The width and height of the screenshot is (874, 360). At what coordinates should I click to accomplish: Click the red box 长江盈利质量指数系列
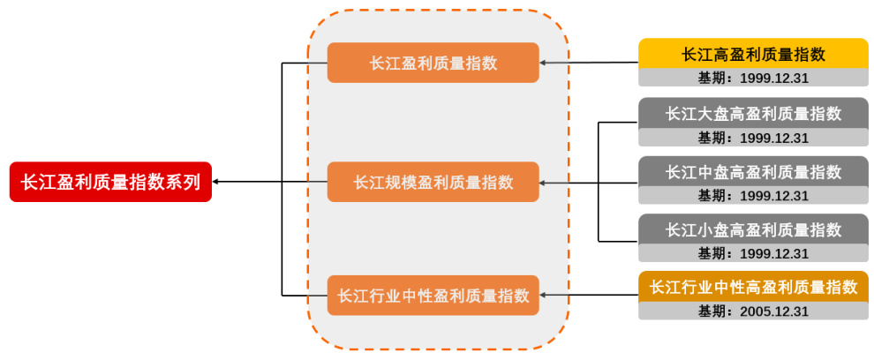coord(110,182)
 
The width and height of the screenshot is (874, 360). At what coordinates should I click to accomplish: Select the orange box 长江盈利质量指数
coord(433,63)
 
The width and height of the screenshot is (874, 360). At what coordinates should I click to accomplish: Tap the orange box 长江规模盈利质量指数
coord(433,182)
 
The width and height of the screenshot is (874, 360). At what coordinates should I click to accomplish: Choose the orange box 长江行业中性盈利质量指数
coord(433,296)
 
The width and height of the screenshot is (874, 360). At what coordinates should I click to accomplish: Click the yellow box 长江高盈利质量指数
coord(753,54)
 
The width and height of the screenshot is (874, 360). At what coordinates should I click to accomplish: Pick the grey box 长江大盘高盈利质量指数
coord(753,113)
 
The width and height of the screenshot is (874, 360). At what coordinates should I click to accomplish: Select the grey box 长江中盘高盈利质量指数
coord(753,171)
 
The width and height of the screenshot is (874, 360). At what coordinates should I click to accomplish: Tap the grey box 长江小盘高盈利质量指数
coord(753,229)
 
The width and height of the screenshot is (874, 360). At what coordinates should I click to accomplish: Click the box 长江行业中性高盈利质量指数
coord(753,287)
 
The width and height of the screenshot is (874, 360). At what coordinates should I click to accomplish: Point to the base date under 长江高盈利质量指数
coord(753,78)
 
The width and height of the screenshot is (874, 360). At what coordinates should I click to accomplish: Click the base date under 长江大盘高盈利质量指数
coord(753,137)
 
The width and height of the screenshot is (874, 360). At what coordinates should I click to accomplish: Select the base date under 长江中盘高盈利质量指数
coord(753,195)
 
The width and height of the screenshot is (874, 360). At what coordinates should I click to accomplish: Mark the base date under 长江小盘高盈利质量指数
coord(753,253)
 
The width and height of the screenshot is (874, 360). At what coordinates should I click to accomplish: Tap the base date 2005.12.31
coord(753,311)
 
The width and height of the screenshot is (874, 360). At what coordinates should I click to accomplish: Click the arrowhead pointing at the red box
coord(217,182)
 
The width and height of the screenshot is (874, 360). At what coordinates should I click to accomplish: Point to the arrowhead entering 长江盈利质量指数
coord(544,63)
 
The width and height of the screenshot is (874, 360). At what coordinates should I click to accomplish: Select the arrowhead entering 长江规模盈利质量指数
coord(544,183)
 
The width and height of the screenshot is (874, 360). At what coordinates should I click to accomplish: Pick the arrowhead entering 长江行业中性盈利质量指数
coord(544,296)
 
